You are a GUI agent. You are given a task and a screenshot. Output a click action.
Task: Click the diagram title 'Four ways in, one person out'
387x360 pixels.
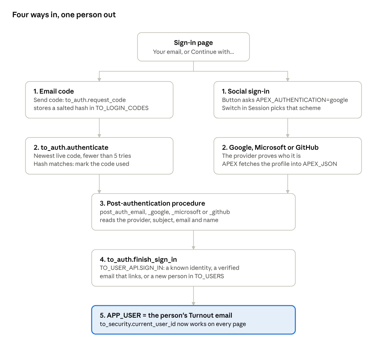point(64,15)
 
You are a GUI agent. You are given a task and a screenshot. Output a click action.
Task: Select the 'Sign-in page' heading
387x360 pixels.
point(193,43)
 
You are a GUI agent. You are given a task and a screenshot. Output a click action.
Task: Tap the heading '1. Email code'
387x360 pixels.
point(54,91)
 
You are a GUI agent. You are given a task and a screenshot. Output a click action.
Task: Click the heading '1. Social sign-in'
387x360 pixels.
point(246,91)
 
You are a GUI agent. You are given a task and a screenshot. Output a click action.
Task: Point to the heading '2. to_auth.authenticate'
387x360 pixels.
point(71,147)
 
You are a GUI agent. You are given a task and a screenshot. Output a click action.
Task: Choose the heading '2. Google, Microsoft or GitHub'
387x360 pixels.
point(270,147)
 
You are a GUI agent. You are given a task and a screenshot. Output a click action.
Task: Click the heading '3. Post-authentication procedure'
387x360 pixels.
point(152,203)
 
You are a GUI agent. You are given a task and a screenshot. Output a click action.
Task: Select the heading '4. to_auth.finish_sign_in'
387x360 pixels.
point(138,259)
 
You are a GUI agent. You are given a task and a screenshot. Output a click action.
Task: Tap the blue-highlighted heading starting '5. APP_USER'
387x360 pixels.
point(166,315)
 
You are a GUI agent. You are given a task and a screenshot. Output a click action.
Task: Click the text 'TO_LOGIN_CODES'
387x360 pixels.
point(122,108)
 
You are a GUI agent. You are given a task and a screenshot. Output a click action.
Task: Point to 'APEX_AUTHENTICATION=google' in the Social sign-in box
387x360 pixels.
point(302,100)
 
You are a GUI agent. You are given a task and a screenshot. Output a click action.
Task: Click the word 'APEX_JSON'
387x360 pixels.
point(320,164)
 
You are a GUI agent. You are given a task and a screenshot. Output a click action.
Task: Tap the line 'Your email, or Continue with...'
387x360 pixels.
point(193,52)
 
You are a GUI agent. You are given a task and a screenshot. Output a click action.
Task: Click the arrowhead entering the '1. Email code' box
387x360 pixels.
point(99,80)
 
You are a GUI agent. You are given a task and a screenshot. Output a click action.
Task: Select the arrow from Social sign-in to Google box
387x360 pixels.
point(288,128)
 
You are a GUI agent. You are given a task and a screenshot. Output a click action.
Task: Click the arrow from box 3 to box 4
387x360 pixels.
point(193,240)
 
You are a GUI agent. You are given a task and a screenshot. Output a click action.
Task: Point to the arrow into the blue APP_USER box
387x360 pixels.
point(193,296)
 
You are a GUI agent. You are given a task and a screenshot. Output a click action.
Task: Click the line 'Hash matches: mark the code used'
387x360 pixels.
point(81,164)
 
